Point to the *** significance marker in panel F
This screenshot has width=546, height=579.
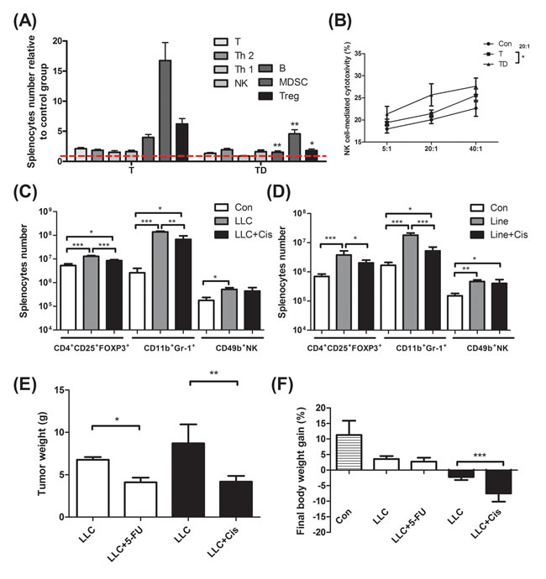click(x=488, y=450)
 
